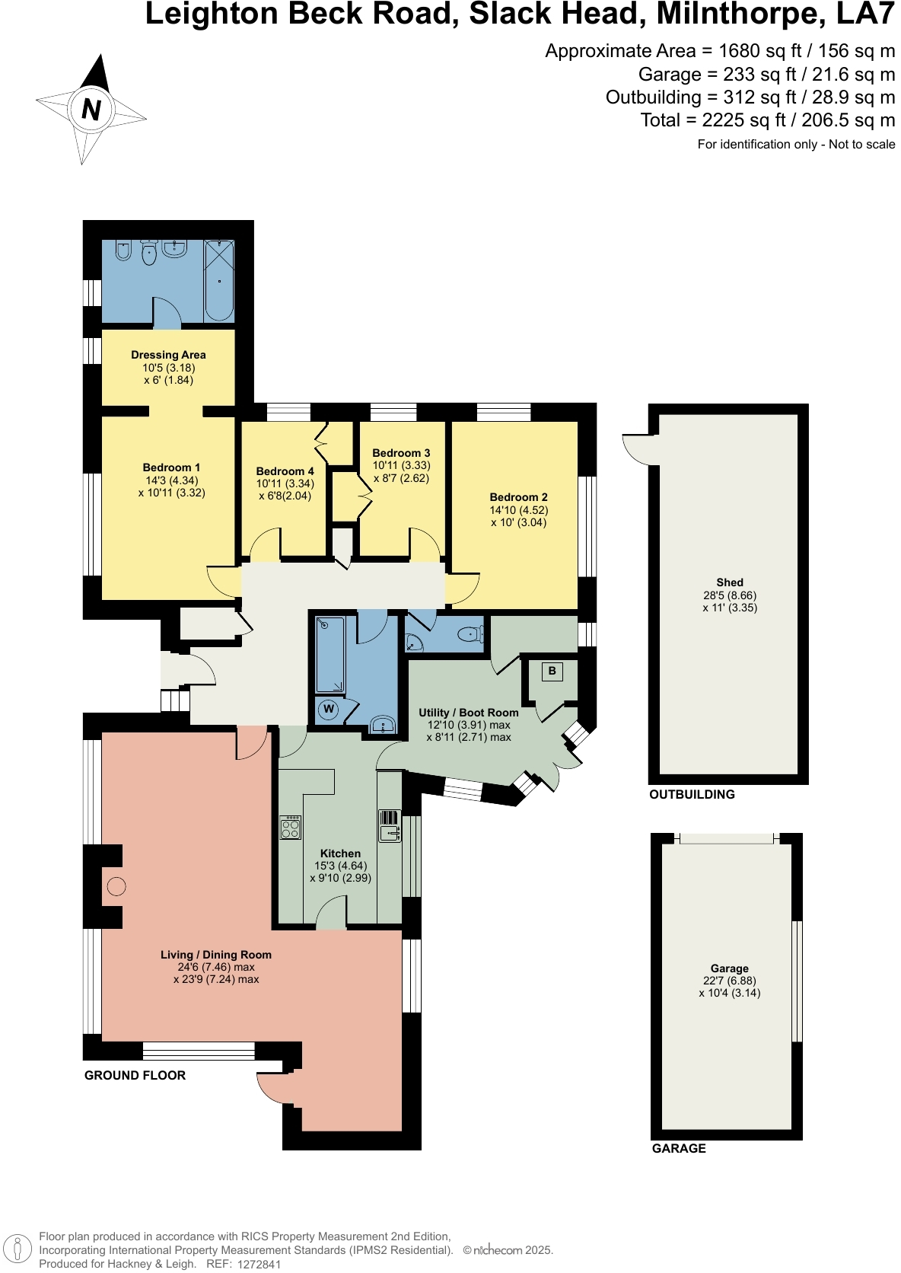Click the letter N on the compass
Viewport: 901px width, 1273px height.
(x=91, y=110)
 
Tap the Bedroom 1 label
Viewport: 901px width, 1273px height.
(x=171, y=467)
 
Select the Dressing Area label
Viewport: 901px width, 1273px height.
(x=168, y=355)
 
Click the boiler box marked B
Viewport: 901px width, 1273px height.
(x=552, y=672)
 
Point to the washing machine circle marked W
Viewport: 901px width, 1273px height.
(x=329, y=710)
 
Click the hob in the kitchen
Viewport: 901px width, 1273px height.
(x=290, y=828)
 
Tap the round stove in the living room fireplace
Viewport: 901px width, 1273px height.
(x=116, y=887)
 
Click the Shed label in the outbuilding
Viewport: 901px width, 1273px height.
(x=729, y=582)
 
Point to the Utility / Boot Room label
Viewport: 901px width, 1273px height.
(x=469, y=713)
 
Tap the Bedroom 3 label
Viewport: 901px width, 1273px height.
(x=401, y=453)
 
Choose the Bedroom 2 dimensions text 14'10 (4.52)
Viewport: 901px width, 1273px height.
(x=518, y=510)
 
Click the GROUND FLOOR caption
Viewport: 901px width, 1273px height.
(x=135, y=1076)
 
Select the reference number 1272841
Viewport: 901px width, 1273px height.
(x=259, y=1265)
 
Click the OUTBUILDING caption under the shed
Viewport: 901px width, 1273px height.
(x=692, y=795)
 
